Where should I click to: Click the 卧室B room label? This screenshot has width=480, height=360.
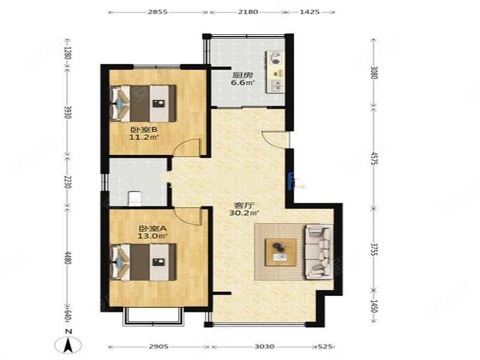[x=143, y=129]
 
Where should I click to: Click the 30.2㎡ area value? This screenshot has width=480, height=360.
[x=245, y=212]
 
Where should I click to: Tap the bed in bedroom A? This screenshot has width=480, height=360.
[x=143, y=262]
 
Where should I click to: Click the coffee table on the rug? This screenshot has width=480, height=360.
[x=280, y=250]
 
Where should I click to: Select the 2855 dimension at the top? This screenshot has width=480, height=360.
[x=158, y=11]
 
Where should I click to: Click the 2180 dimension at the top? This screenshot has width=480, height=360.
[x=246, y=11]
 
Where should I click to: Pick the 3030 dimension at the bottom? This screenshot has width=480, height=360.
[x=264, y=347]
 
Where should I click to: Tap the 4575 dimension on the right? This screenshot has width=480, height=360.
[x=373, y=161]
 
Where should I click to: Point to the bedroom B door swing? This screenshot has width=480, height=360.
[x=190, y=148]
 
